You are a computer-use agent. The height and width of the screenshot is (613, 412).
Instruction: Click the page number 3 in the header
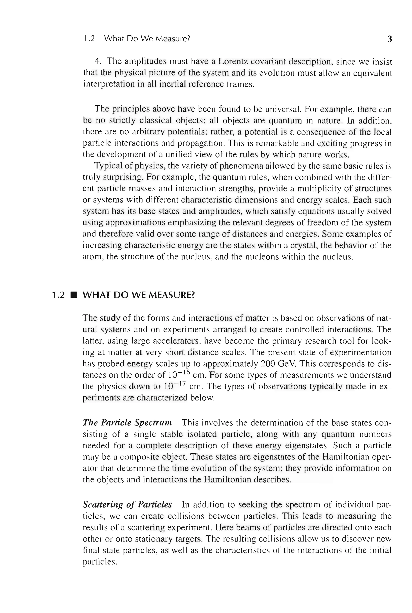pyautogui.click(x=390, y=39)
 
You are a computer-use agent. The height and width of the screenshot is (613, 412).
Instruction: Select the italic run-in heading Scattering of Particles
pyautogui.click(x=127, y=505)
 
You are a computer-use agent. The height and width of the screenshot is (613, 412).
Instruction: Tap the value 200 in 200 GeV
pyautogui.click(x=268, y=364)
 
